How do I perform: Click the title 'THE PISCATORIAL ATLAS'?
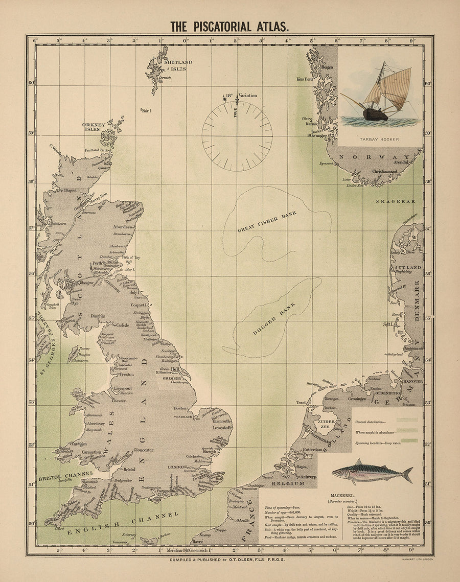coord(229,27)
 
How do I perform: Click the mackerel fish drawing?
coord(372,473)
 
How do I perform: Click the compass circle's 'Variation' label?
coord(247,96)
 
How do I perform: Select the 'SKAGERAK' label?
coord(396,202)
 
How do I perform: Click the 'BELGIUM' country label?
coord(288,483)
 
